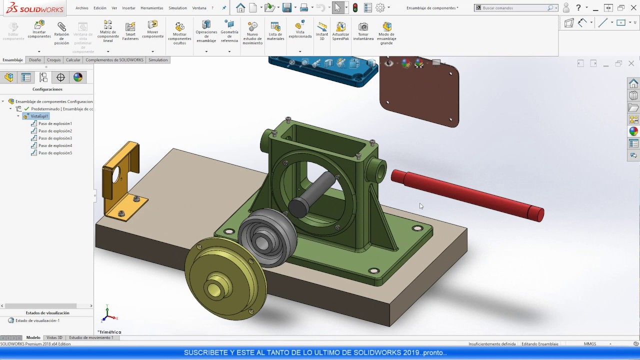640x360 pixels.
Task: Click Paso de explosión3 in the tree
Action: [x=55, y=138]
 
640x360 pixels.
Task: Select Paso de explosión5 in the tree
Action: [x=55, y=153]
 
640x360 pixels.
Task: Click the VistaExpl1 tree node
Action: [x=39, y=116]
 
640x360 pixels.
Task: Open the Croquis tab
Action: [x=53, y=60]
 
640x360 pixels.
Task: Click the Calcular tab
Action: [x=73, y=60]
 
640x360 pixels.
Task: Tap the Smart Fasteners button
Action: [x=130, y=31]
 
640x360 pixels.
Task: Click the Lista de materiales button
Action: [x=275, y=31]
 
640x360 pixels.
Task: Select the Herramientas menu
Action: [x=152, y=8]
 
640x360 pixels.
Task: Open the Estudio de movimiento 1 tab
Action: [x=91, y=337]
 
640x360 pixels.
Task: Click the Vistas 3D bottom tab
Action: [x=54, y=337]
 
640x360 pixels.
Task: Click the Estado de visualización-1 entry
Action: [x=37, y=320]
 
